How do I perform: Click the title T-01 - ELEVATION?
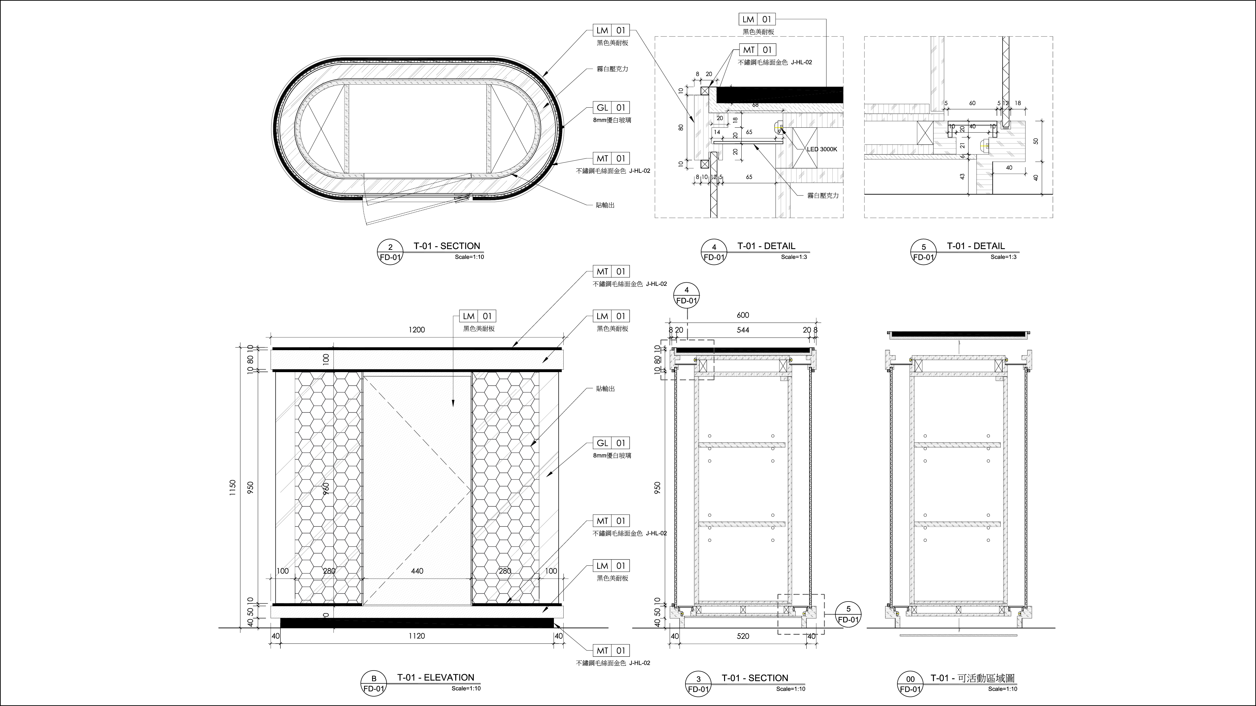point(436,677)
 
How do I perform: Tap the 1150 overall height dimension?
point(233,488)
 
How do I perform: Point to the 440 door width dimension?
point(417,570)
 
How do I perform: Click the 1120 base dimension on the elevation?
point(417,636)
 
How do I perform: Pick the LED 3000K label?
point(822,149)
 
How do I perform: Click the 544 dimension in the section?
point(743,330)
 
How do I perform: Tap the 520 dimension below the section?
point(743,636)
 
